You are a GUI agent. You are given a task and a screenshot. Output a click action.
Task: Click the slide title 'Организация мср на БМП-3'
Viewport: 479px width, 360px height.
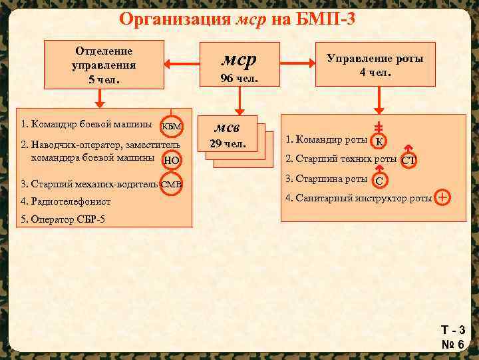[237, 18]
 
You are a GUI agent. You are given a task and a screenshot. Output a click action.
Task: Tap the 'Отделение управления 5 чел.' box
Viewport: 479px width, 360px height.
[104, 65]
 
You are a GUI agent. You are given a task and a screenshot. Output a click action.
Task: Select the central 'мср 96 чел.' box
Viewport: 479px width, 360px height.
[239, 65]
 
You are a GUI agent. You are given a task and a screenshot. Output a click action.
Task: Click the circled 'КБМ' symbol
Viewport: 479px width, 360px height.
[172, 126]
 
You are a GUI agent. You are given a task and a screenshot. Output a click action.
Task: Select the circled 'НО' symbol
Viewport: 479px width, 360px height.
[172, 159]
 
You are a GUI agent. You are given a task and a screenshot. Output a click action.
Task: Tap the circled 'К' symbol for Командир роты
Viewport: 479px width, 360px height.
[379, 140]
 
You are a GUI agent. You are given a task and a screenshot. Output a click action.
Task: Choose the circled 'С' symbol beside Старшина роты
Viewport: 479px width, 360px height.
[379, 179]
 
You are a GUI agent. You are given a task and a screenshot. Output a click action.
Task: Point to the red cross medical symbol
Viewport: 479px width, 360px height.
[443, 197]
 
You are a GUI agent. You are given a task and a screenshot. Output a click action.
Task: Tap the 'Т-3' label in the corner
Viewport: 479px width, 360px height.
[452, 330]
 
